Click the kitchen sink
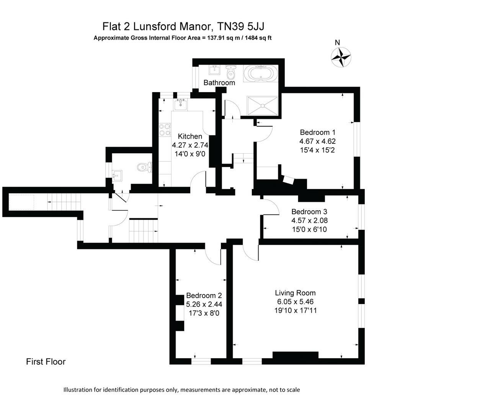click(181, 104)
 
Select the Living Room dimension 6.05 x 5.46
click(295, 302)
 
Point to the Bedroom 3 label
click(309, 211)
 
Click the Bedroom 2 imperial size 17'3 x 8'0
click(204, 313)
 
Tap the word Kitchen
click(190, 137)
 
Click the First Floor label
click(46, 362)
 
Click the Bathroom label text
click(219, 83)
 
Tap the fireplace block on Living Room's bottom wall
click(295, 355)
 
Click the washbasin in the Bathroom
click(214, 70)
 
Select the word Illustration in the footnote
click(78, 390)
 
